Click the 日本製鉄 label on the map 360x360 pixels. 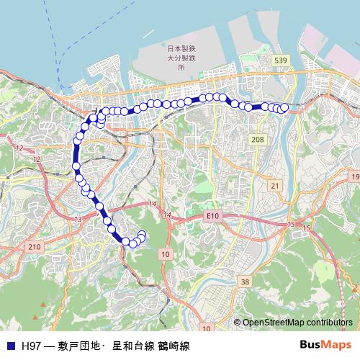click(177, 48)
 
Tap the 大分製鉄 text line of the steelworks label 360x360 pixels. click(177, 57)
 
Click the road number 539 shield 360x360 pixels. click(281, 61)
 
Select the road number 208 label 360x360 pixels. click(257, 138)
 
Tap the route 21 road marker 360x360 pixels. click(274, 186)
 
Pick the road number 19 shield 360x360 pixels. click(354, 176)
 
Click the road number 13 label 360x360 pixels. click(77, 218)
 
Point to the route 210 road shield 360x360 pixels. click(34, 247)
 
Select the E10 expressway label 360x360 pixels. click(211, 215)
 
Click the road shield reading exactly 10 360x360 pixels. click(166, 255)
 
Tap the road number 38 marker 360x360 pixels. click(246, 282)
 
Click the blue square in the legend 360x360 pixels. click(10, 346)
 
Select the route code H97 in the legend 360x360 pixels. click(32, 346)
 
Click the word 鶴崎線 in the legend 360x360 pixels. click(174, 346)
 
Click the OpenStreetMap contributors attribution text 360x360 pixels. click(297, 323)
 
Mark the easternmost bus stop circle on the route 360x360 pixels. click(284, 108)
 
